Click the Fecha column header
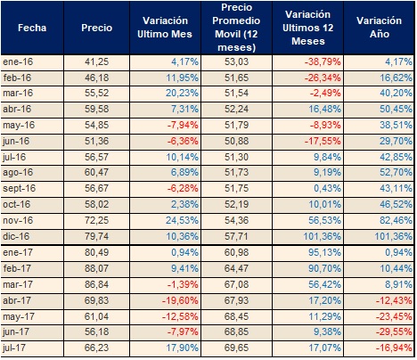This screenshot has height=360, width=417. click(32, 28)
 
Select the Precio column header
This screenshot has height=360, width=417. click(97, 28)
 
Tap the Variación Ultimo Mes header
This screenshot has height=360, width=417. click(165, 28)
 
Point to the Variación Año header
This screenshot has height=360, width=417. click(379, 28)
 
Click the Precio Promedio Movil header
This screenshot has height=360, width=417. click(236, 28)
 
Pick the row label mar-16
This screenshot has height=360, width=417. click(18, 94)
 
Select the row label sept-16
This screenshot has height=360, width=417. click(20, 189)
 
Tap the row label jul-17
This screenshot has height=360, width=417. click(14, 348)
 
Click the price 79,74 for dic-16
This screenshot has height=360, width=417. click(96, 236)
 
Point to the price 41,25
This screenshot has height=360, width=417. click(96, 61)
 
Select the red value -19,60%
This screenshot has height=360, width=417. click(180, 300)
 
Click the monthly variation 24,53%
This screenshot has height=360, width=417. click(182, 220)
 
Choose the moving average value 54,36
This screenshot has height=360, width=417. click(236, 220)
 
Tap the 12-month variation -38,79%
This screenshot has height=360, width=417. click(323, 61)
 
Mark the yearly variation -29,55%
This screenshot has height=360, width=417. click(394, 331)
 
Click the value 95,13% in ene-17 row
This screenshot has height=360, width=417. click(324, 252)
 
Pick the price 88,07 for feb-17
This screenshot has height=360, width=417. click(96, 268)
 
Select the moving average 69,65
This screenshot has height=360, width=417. click(236, 348)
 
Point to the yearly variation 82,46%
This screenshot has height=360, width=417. click(396, 220)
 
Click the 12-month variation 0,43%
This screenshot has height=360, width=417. click(327, 188)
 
